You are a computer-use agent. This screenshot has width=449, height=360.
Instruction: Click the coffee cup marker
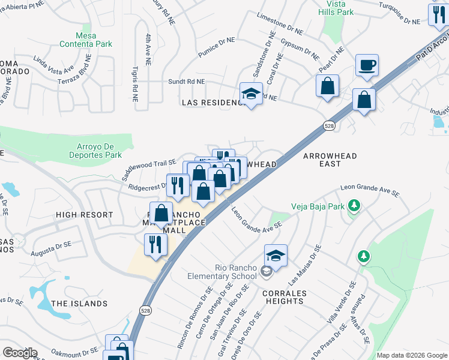coord(366,65)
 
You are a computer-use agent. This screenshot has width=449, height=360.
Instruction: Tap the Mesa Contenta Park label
coord(86,40)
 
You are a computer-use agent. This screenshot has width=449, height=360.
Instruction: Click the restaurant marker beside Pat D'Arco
coord(438,16)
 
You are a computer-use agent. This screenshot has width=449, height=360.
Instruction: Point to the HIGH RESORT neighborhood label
coord(84,215)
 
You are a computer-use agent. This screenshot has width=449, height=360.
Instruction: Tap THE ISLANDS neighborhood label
coord(79,304)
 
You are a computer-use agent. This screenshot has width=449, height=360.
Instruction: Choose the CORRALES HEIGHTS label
coord(285,298)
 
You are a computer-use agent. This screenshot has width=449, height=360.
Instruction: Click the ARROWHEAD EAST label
coord(330,160)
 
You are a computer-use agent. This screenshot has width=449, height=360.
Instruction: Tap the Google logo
coord(20,353)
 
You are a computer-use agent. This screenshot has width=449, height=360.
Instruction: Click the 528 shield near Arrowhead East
coord(328,126)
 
